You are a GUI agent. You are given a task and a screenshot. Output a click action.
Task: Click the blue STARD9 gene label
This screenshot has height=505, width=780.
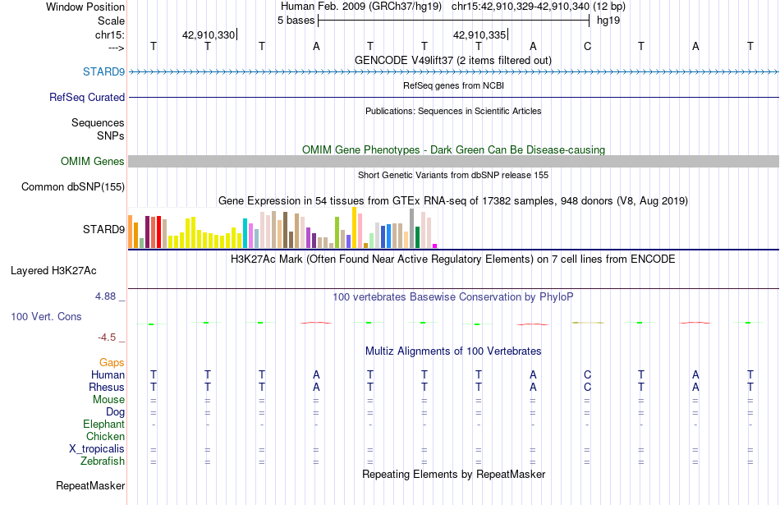pyautogui.click(x=103, y=71)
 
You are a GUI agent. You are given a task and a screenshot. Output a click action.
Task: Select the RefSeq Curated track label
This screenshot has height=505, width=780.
pyautogui.click(x=86, y=97)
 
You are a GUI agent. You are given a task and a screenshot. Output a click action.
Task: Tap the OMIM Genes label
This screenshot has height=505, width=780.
pyautogui.click(x=92, y=161)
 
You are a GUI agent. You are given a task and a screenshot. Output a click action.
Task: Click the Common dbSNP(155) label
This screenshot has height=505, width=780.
pyautogui.click(x=72, y=186)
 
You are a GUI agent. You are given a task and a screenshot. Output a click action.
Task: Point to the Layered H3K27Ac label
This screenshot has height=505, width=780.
pyautogui.click(x=53, y=271)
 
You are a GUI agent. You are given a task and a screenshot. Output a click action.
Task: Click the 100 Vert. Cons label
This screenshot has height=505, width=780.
pyautogui.click(x=46, y=316)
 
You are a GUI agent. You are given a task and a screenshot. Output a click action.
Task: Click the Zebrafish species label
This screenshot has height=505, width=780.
pyautogui.click(x=103, y=461)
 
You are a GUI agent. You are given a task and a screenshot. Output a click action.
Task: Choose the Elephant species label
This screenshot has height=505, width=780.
pyautogui.click(x=103, y=424)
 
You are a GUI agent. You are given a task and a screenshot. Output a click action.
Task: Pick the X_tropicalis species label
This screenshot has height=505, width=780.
pyautogui.click(x=97, y=449)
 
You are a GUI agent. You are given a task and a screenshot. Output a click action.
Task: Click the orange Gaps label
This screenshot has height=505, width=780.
pyautogui.click(x=112, y=362)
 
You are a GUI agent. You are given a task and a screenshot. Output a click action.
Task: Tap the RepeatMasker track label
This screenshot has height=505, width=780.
pyautogui.click(x=90, y=485)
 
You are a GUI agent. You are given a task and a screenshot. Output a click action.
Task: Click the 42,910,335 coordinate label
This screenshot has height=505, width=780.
pyautogui.click(x=479, y=34)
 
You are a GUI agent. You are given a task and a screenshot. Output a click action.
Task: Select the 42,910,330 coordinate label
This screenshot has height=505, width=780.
pyautogui.click(x=209, y=34)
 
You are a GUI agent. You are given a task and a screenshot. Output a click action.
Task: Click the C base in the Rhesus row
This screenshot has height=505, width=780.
pyautogui.click(x=588, y=387)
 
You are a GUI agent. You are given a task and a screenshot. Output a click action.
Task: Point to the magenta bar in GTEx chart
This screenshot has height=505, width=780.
pyautogui.click(x=435, y=246)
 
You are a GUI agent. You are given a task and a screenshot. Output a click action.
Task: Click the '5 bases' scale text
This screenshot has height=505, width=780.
pyautogui.click(x=296, y=21)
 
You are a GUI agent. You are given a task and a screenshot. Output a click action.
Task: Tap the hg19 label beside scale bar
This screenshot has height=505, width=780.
pyautogui.click(x=608, y=21)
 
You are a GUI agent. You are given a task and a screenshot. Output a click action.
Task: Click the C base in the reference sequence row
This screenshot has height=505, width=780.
pyautogui.click(x=588, y=46)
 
